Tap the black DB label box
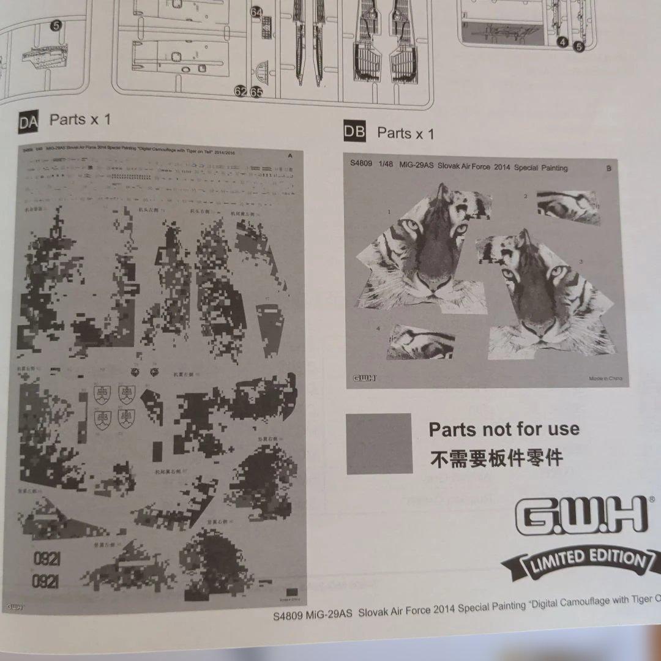[x=354, y=132]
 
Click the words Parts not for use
[x=504, y=429]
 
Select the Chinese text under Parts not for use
[x=496, y=458]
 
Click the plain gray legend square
[x=379, y=444]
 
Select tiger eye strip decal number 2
[x=567, y=206]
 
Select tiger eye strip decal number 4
[x=422, y=342]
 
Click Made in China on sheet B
[x=605, y=378]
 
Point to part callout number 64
[x=256, y=12]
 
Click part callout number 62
[x=241, y=92]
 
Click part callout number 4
[x=562, y=42]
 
